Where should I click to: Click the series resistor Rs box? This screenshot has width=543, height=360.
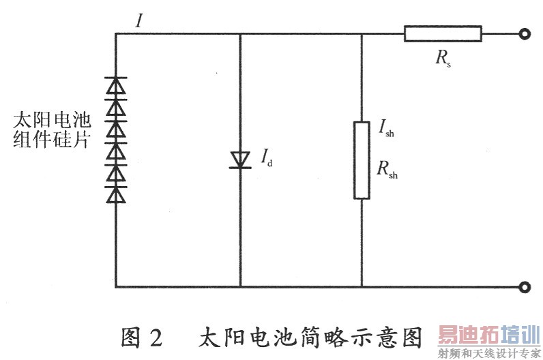[x=442, y=33]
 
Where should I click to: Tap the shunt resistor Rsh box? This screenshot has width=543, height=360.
[x=362, y=160]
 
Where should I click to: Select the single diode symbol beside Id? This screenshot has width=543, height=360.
[x=241, y=160]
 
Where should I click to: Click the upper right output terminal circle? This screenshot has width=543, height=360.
[x=524, y=33]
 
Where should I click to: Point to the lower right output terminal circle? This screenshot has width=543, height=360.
[x=524, y=287]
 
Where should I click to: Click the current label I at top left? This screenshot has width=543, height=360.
[x=139, y=20]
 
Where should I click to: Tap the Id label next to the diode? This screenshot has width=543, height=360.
[x=266, y=160]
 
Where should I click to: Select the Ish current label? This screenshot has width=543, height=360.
[x=386, y=129]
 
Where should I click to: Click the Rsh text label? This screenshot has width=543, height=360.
[x=387, y=170]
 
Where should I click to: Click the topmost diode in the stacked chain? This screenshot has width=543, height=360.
[x=116, y=86]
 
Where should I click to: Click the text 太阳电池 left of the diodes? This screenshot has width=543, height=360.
[x=52, y=121]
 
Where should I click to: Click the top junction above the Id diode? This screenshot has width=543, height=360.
[x=241, y=33]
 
